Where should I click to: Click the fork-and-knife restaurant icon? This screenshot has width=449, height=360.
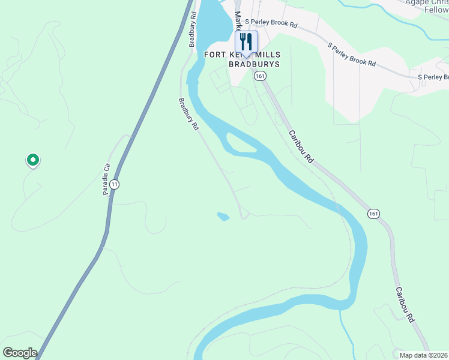(x=246, y=41)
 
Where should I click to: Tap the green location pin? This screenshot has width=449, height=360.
(x=32, y=160)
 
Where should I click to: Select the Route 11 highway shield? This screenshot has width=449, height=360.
(x=115, y=184)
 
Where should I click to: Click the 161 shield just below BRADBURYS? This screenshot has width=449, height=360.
(x=259, y=76)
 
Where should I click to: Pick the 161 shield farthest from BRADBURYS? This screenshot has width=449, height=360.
(x=373, y=214)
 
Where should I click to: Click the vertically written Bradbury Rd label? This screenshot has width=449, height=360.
(x=193, y=29)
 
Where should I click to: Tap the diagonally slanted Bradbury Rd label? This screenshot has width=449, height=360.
(x=188, y=115)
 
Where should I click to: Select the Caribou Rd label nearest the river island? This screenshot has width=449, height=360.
(x=301, y=147)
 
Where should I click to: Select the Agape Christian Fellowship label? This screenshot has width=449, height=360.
(x=427, y=6)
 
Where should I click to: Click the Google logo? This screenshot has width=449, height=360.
(x=20, y=353)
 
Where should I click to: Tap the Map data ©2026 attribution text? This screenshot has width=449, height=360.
(x=424, y=355)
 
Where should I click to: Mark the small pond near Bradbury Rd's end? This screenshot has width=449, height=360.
(x=223, y=216)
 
